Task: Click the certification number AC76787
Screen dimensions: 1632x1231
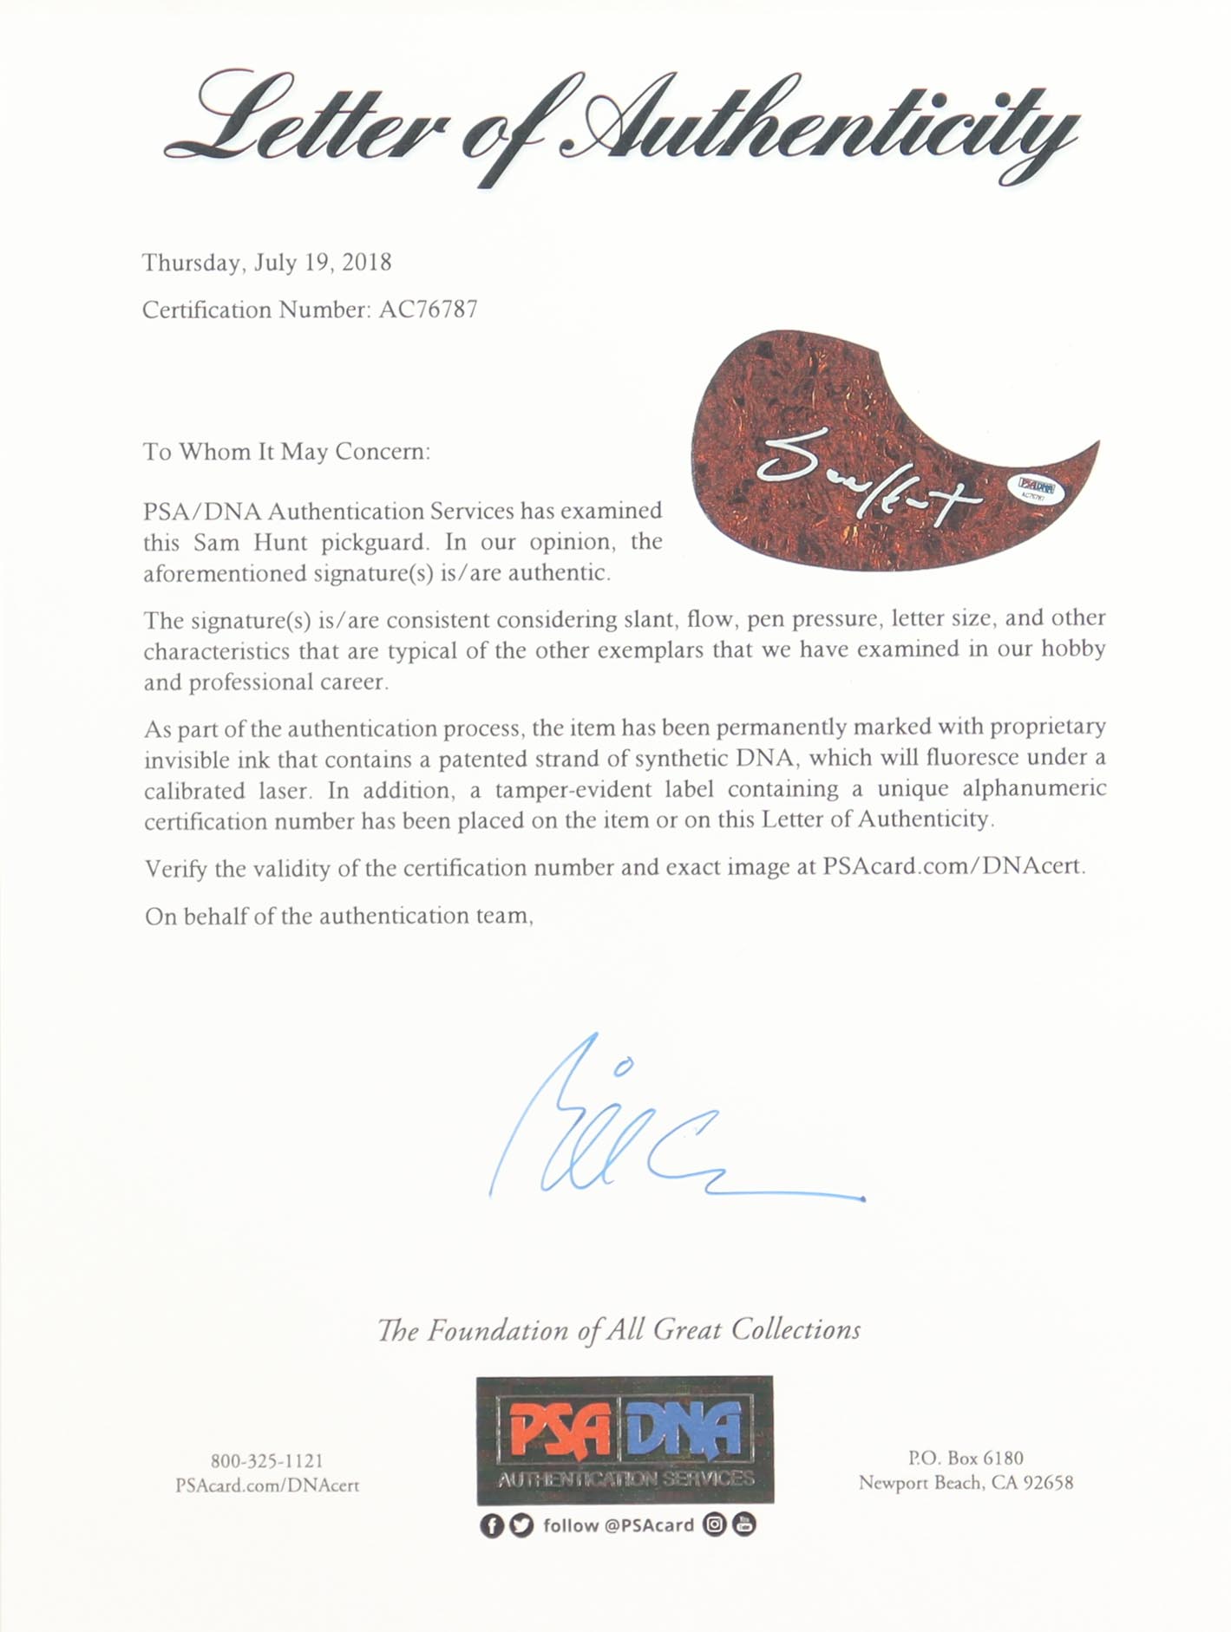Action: click(x=428, y=310)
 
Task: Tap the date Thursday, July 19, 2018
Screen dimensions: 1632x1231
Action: click(x=266, y=263)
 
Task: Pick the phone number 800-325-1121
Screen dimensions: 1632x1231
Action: click(x=267, y=1461)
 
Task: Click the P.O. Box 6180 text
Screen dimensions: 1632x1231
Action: click(x=966, y=1459)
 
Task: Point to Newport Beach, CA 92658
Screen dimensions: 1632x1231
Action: click(x=966, y=1483)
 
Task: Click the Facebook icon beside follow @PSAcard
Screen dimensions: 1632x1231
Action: click(x=491, y=1525)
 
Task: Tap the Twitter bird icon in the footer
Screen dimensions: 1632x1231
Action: click(x=521, y=1525)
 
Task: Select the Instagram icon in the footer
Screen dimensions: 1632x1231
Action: click(x=714, y=1524)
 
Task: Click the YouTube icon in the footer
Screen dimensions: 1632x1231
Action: click(x=743, y=1524)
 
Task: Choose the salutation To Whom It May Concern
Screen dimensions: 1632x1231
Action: click(x=286, y=452)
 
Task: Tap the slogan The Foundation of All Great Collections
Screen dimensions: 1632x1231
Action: click(x=619, y=1330)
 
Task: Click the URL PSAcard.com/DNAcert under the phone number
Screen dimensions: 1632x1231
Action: click(x=267, y=1485)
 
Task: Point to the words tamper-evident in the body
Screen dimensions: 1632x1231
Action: click(x=598, y=790)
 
